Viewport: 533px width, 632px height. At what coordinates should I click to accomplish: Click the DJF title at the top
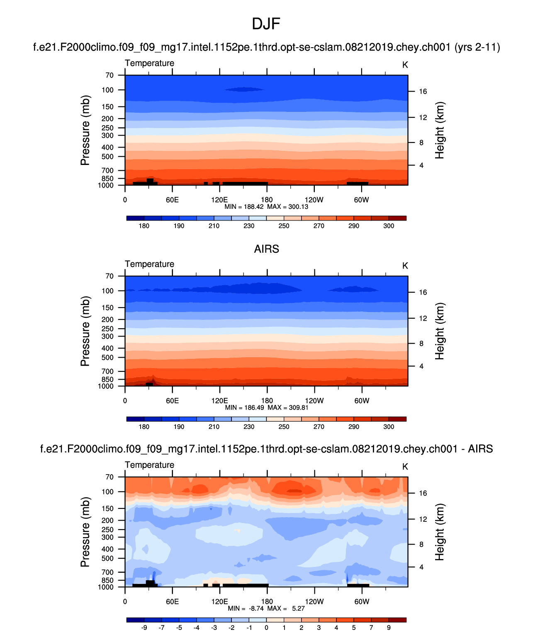266,24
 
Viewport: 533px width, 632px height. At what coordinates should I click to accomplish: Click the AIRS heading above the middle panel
266,249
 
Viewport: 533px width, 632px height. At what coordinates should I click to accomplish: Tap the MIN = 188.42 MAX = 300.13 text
266,207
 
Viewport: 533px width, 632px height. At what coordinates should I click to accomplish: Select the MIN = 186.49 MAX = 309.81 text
266,408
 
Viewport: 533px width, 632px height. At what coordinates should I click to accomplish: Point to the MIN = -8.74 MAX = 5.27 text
266,608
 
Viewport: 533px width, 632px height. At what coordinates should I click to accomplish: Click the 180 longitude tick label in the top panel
267,200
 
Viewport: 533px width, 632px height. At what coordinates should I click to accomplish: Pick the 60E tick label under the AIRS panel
172,401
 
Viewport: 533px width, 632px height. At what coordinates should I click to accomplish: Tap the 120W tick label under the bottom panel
314,601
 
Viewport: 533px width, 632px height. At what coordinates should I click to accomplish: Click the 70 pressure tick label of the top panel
110,75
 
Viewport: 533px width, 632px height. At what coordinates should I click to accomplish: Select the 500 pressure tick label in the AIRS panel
107,358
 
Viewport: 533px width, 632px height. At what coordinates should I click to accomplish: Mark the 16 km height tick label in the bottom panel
423,493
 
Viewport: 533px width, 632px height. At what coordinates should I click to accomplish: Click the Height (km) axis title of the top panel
440,130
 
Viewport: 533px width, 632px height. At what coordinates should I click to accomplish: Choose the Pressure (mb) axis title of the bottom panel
85,532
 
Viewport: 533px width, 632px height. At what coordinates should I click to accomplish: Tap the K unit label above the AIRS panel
405,266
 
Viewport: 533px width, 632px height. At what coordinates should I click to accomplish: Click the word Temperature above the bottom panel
149,465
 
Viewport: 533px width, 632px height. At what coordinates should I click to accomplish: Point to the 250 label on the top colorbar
284,226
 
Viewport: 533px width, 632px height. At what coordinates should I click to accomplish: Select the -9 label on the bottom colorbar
144,627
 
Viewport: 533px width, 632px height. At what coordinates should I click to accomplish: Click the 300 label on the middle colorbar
389,427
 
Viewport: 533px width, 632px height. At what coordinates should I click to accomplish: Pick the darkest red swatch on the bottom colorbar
397,620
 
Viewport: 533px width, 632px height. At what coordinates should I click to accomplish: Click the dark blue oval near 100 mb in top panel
244,89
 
